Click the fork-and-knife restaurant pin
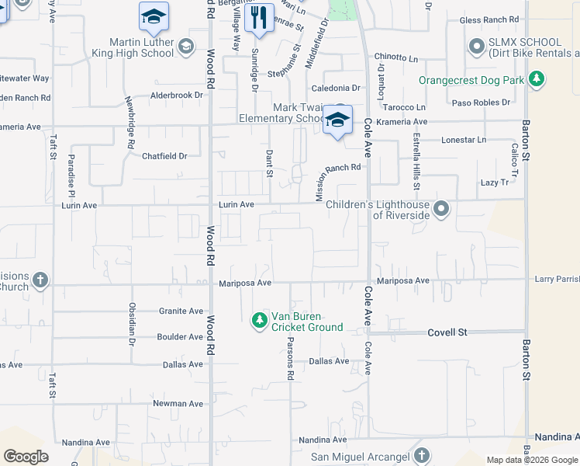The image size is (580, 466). [x=259, y=17]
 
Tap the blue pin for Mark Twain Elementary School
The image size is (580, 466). [x=337, y=120]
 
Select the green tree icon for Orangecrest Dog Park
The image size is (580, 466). [x=536, y=79]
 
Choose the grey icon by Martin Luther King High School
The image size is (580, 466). [x=185, y=48]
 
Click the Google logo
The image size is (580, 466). [x=26, y=457]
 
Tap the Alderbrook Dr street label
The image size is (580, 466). [x=176, y=95]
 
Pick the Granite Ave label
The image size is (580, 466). [x=181, y=311]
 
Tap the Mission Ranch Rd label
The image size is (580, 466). [x=338, y=183]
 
